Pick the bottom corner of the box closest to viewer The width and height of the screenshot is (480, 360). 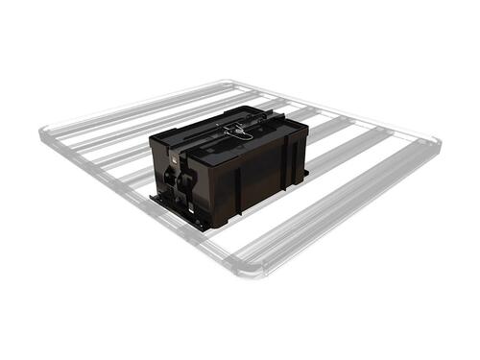[207, 227]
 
